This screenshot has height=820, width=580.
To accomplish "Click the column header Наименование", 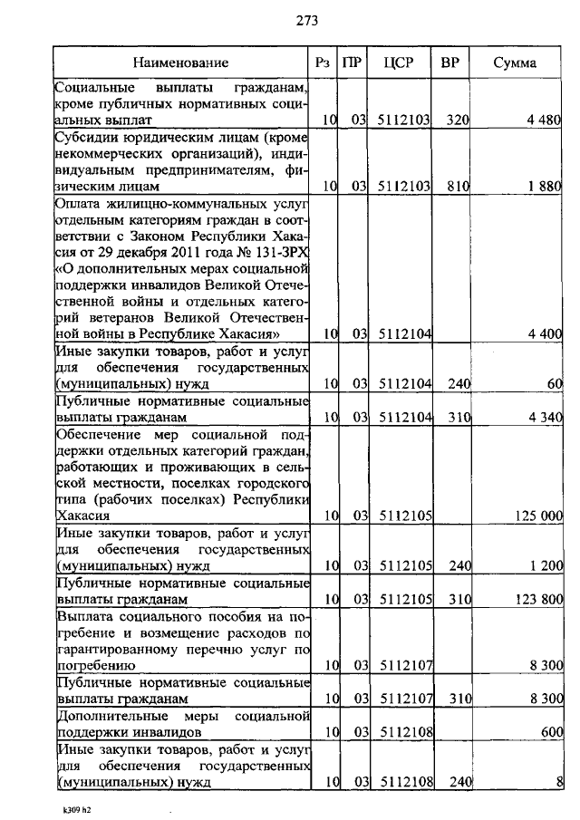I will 181,63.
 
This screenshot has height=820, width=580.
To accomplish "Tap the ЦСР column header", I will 400,63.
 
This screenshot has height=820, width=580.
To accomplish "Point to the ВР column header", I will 449,63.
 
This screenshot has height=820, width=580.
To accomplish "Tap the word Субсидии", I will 83,140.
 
